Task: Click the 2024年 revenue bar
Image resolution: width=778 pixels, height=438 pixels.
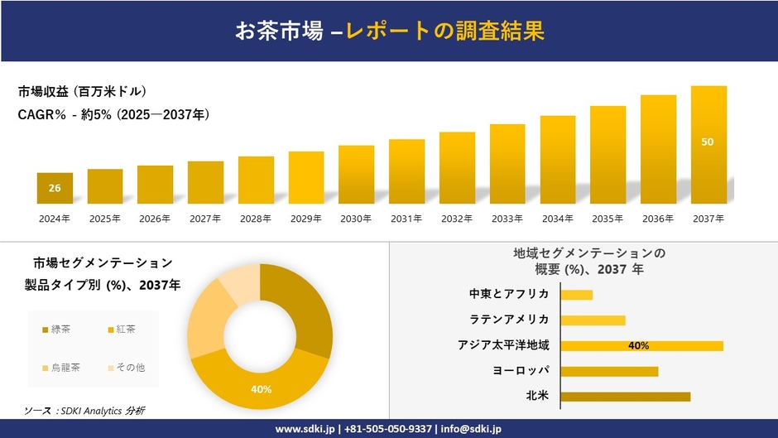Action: point(55,188)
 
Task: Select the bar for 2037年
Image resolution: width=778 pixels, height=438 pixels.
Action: point(708,145)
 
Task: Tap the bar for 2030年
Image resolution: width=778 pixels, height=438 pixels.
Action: point(356,175)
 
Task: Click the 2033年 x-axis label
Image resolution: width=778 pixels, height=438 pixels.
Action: point(507,219)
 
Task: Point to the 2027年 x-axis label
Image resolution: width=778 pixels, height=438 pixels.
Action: point(205,219)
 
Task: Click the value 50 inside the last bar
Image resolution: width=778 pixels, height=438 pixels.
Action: point(708,142)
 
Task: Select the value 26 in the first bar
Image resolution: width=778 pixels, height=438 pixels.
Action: point(55,188)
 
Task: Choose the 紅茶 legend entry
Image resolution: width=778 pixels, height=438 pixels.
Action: point(124,330)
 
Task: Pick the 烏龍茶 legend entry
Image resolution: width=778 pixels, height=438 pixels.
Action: point(60,367)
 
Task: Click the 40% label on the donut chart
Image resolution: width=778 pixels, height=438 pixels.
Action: point(262,388)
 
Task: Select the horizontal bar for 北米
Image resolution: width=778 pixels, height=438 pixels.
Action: point(625,397)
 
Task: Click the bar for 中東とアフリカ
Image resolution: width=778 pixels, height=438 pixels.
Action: point(577,295)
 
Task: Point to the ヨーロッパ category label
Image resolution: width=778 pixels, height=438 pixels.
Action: point(521,371)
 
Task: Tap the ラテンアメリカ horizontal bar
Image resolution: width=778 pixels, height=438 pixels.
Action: point(593,320)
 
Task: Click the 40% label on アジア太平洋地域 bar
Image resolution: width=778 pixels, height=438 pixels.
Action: point(638,346)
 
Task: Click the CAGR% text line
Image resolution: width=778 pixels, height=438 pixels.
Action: point(113,115)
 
